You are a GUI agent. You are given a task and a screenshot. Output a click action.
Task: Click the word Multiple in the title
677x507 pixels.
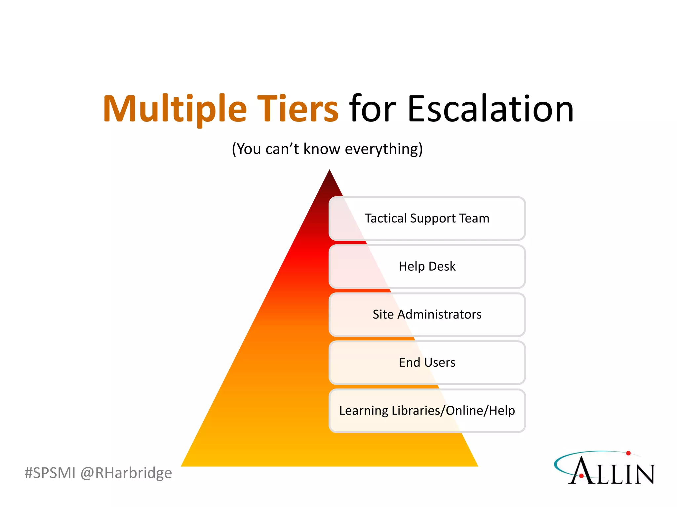coord(175,109)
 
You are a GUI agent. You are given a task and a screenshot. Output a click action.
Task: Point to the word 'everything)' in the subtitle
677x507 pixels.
coord(383,149)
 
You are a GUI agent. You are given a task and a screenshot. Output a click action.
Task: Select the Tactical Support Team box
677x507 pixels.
coord(427,219)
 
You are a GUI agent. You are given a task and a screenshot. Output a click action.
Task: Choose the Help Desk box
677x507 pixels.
coord(427,266)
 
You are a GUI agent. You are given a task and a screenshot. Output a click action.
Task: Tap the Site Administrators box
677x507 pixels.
coord(427,315)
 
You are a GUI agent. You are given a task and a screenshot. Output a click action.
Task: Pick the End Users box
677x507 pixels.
coord(427,362)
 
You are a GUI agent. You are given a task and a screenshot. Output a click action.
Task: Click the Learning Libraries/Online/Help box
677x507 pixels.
coord(427,411)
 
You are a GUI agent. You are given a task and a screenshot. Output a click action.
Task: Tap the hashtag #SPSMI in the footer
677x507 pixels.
coord(50,473)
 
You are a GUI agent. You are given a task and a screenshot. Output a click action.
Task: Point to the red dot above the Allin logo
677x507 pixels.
coord(628,453)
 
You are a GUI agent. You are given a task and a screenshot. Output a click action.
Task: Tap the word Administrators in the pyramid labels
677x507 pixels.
coord(439,315)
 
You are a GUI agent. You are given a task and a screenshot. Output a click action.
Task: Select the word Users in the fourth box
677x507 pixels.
coord(439,362)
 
